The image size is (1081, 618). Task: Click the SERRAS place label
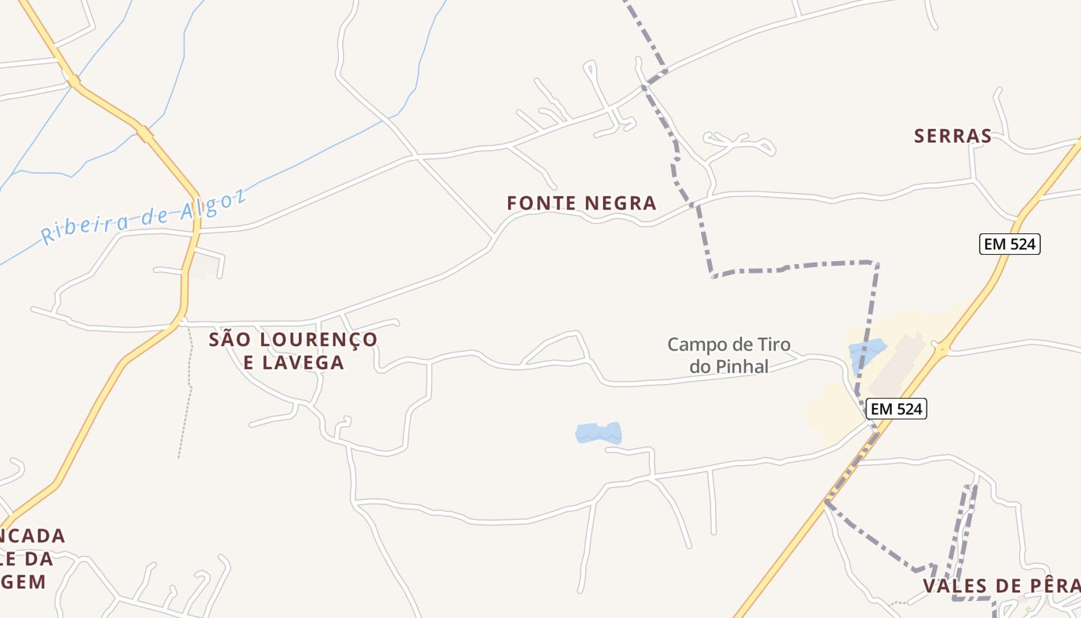(953, 137)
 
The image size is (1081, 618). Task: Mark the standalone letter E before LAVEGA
(249, 362)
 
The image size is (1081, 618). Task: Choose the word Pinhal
(743, 367)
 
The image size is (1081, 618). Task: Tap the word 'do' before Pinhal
(701, 367)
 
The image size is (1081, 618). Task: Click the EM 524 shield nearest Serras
(1010, 245)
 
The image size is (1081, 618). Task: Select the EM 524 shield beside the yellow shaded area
(896, 409)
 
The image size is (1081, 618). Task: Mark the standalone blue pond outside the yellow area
(598, 433)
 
